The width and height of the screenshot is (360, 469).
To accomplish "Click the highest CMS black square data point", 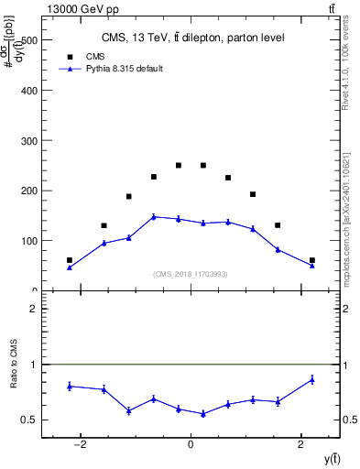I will coord(179,166).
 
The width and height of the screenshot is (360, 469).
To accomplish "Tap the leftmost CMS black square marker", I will coord(70,260).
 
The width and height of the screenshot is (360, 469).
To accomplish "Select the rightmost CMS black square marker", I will coord(312,260).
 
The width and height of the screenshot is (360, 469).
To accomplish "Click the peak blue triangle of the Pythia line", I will coord(154,216).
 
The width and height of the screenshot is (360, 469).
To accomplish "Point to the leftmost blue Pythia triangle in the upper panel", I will coord(70,267).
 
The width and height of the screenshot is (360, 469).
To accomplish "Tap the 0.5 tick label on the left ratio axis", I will coord(29,420).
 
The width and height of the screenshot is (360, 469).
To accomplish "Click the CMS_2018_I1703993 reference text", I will coord(191,274).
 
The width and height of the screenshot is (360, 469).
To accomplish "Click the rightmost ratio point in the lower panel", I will coord(312,379).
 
